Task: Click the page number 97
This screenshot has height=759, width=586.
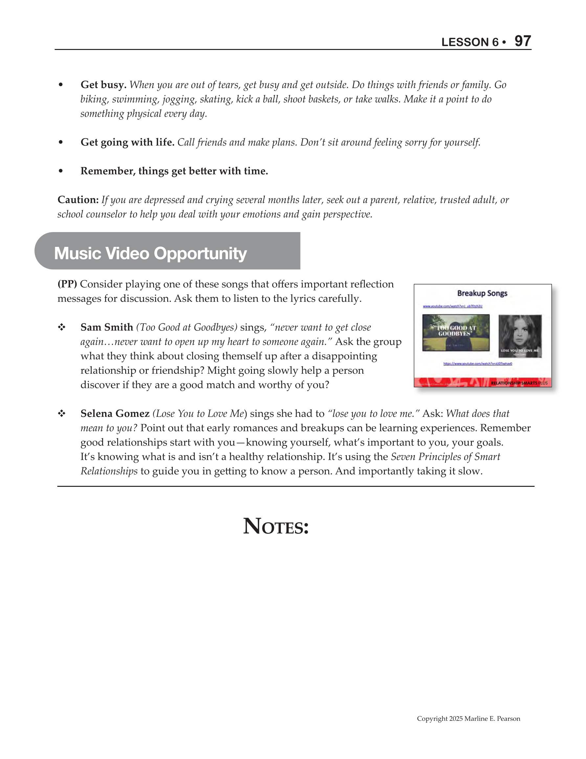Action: pyautogui.click(x=522, y=41)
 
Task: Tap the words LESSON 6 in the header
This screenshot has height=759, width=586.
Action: pyautogui.click(x=470, y=42)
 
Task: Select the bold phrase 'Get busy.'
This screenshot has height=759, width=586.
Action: pyautogui.click(x=103, y=85)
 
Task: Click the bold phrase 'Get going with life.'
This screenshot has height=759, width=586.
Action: pyautogui.click(x=127, y=142)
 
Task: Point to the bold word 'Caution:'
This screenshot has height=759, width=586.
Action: pyautogui.click(x=78, y=200)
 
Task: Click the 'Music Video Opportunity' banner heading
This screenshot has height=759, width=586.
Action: pyautogui.click(x=150, y=253)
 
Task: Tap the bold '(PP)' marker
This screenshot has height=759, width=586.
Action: pyautogui.click(x=67, y=284)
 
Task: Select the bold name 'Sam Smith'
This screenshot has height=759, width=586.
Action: pyautogui.click(x=107, y=327)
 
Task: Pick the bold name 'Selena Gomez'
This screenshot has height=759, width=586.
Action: pyautogui.click(x=115, y=414)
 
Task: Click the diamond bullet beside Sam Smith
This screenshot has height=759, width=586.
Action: pyautogui.click(x=61, y=327)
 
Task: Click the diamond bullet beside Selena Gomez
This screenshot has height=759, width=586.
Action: pyautogui.click(x=61, y=414)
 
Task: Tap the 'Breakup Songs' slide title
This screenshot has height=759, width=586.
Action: pyautogui.click(x=482, y=293)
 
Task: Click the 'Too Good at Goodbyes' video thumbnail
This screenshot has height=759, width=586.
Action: pyautogui.click(x=456, y=333)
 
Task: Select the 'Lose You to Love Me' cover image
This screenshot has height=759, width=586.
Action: pyautogui.click(x=520, y=336)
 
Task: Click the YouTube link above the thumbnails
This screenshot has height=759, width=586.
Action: pyautogui.click(x=452, y=306)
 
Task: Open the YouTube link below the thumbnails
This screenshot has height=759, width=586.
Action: pyautogui.click(x=478, y=364)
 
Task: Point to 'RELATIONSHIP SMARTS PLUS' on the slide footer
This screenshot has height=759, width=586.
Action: pyautogui.click(x=519, y=383)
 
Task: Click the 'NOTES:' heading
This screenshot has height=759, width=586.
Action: pyautogui.click(x=276, y=527)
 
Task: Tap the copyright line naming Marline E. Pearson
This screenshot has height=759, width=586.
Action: pyautogui.click(x=468, y=719)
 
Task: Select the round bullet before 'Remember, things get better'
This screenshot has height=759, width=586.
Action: pyautogui.click(x=61, y=171)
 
